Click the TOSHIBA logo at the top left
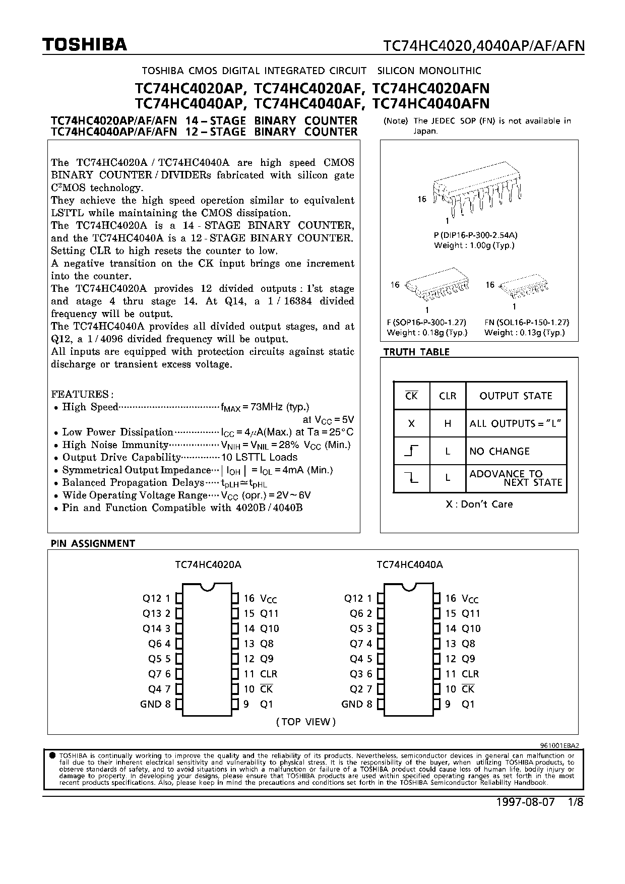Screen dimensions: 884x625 pyautogui.click(x=85, y=45)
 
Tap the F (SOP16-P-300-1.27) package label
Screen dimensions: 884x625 pyautogui.click(x=426, y=322)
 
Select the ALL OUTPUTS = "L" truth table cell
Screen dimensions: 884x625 pyautogui.click(x=515, y=423)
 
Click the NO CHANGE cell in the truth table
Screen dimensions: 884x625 pyautogui.click(x=499, y=451)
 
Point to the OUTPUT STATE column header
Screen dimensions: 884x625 pyautogui.click(x=516, y=396)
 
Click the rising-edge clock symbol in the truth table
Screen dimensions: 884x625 pyautogui.click(x=411, y=451)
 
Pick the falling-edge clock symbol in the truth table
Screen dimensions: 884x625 pyautogui.click(x=411, y=478)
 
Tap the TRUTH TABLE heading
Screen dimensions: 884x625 pyautogui.click(x=416, y=352)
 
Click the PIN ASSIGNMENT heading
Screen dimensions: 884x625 pyautogui.click(x=93, y=543)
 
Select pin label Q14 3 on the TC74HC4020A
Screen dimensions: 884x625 pyautogui.click(x=157, y=628)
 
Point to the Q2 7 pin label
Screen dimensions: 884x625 pyautogui.click(x=361, y=689)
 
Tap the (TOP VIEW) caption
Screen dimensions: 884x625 pyautogui.click(x=306, y=721)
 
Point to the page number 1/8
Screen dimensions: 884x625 pyautogui.click(x=575, y=802)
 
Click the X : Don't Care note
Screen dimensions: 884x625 pyautogui.click(x=479, y=504)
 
